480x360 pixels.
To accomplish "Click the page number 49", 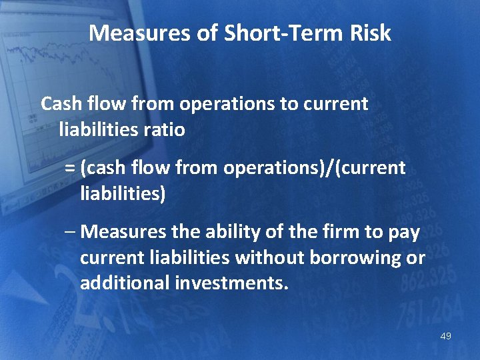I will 445,336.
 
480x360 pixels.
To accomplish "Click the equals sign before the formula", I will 70,168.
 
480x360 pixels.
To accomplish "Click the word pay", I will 404,232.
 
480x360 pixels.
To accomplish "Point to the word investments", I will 231,283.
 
